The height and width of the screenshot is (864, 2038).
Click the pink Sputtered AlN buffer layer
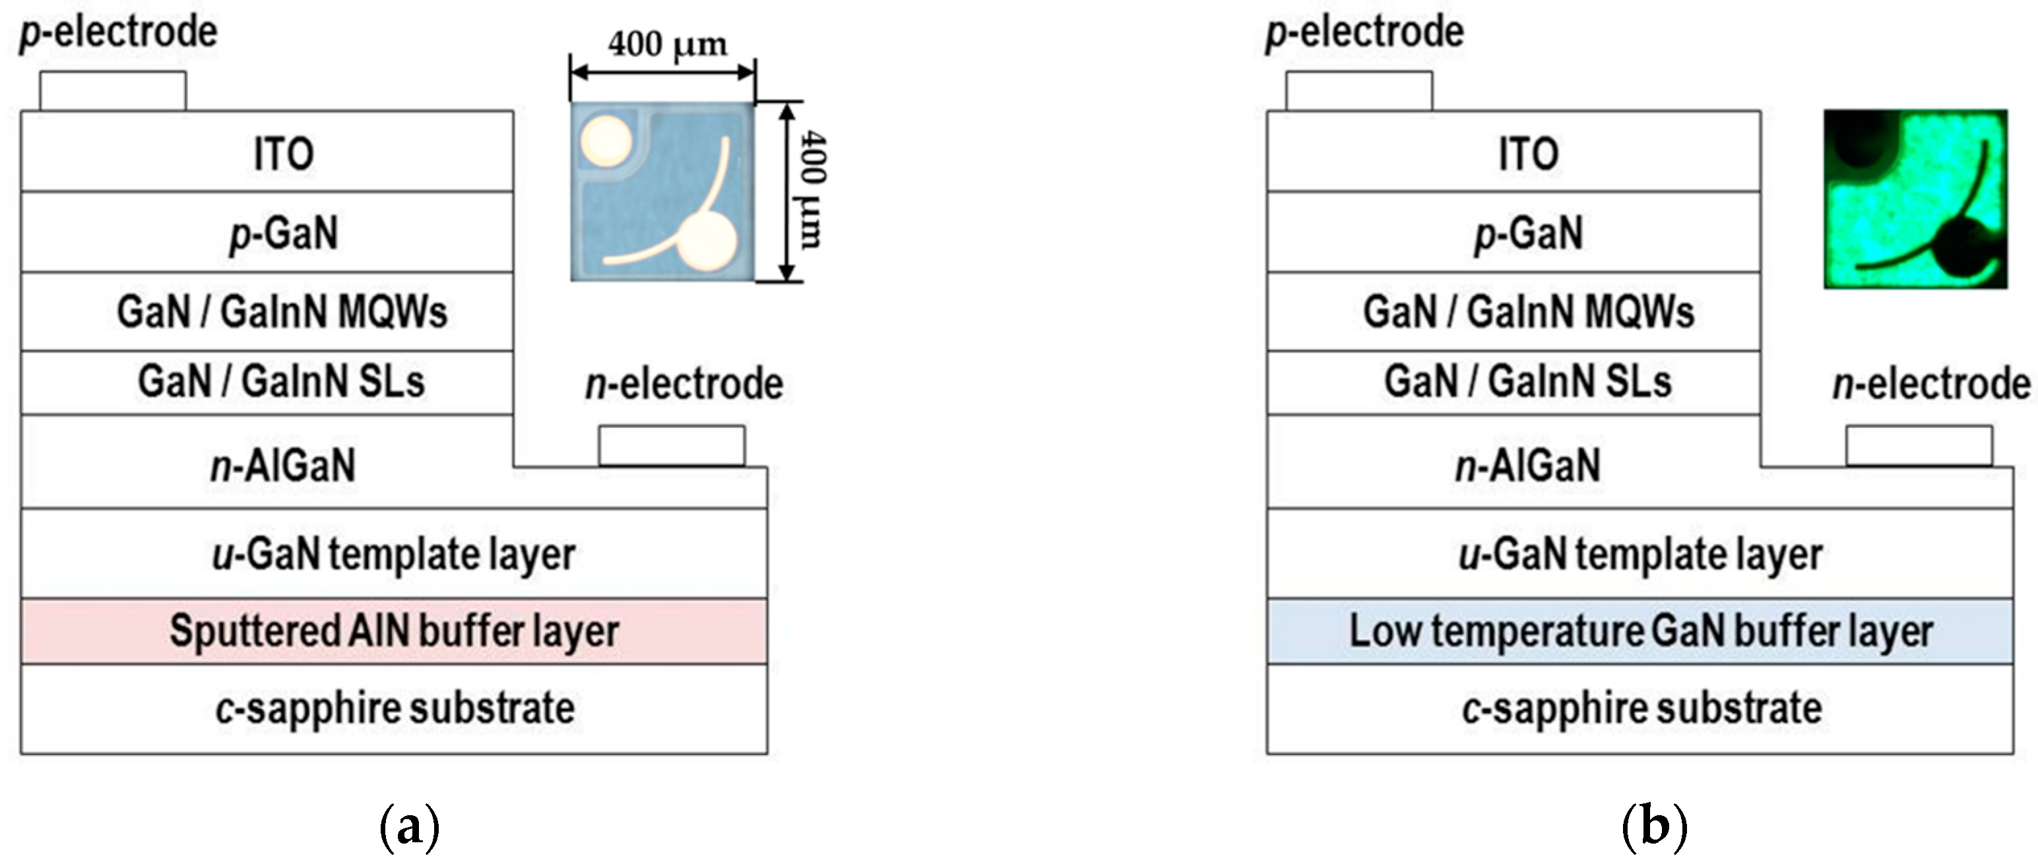click(393, 631)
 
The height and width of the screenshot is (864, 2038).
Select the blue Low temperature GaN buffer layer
click(1640, 631)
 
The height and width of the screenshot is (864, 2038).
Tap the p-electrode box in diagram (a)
click(113, 91)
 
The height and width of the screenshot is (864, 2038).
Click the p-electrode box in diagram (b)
click(1358, 91)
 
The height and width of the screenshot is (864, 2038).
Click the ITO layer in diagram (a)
click(267, 152)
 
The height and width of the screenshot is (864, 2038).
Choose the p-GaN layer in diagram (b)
click(1513, 233)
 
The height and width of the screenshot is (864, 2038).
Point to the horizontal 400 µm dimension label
click(667, 44)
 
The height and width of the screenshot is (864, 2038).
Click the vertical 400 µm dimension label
click(813, 190)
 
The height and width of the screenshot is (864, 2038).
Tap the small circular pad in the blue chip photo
click(606, 141)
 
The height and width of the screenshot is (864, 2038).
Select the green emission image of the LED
click(1915, 199)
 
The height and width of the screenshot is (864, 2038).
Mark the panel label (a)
click(409, 828)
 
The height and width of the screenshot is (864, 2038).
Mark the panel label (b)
click(1654, 828)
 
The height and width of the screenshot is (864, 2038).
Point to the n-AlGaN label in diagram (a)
click(282, 464)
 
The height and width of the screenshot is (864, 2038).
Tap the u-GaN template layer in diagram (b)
click(1640, 554)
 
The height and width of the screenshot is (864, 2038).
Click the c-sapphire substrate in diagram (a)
click(393, 708)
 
